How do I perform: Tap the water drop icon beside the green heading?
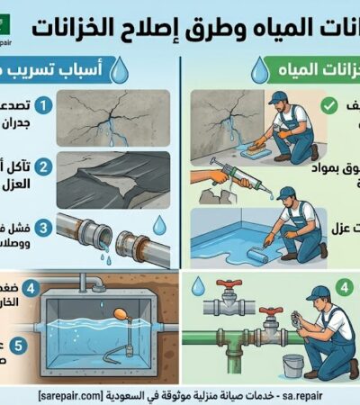pyautogui.click(x=259, y=68)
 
